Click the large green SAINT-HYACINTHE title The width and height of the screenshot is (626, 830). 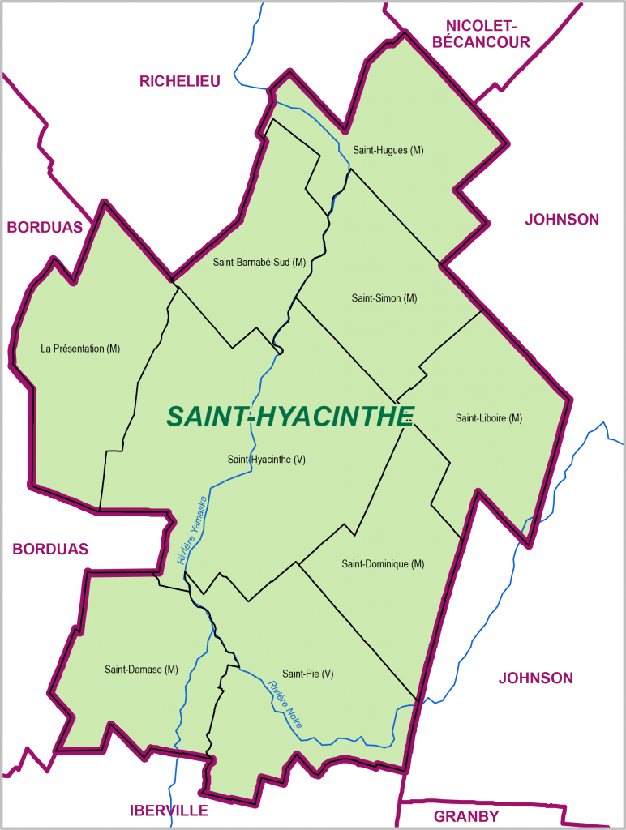pyautogui.click(x=290, y=416)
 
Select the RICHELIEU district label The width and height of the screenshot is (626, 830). pyautogui.click(x=180, y=80)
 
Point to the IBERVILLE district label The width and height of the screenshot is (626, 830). pyautogui.click(x=169, y=810)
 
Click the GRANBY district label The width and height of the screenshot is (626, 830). pyautogui.click(x=466, y=815)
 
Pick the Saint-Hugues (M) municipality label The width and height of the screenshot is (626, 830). pyautogui.click(x=388, y=150)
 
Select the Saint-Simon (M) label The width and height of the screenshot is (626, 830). pyautogui.click(x=384, y=298)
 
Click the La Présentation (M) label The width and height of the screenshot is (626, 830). pyautogui.click(x=80, y=349)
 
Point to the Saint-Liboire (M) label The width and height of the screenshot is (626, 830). pyautogui.click(x=488, y=418)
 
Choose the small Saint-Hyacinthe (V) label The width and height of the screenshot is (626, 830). pyautogui.click(x=266, y=460)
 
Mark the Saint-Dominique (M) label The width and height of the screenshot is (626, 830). pyautogui.click(x=383, y=563)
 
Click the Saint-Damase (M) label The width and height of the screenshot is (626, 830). pyautogui.click(x=141, y=670)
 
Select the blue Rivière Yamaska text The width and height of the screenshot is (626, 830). pyautogui.click(x=192, y=529)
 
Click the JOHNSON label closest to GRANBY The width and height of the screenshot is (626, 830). pyautogui.click(x=535, y=678)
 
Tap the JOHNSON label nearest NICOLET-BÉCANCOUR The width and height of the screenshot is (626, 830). pyautogui.click(x=562, y=219)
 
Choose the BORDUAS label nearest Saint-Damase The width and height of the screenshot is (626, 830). pyautogui.click(x=50, y=549)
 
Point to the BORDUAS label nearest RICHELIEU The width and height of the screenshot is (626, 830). pyautogui.click(x=45, y=227)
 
